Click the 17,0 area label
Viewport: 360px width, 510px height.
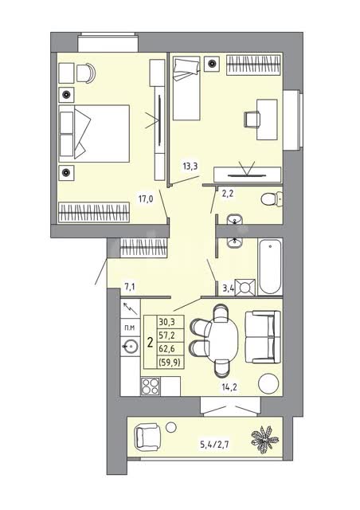146,198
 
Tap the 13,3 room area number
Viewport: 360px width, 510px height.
190,167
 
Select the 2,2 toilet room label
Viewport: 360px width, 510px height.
227,194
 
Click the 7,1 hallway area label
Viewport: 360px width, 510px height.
130,287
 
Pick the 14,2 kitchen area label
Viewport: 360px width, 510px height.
229,387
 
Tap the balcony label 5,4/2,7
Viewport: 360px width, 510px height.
214,445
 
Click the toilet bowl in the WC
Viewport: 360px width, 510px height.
272,198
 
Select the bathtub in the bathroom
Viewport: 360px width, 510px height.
269,267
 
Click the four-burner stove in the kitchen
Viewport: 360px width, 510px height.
151,386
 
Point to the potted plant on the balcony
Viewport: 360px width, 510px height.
264,439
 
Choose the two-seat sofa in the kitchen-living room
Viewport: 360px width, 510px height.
263,337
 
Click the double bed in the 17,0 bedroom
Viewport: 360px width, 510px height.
94,133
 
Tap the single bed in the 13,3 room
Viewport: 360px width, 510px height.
186,88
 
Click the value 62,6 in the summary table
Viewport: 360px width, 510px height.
166,349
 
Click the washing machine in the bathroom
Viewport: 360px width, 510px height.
245,287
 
